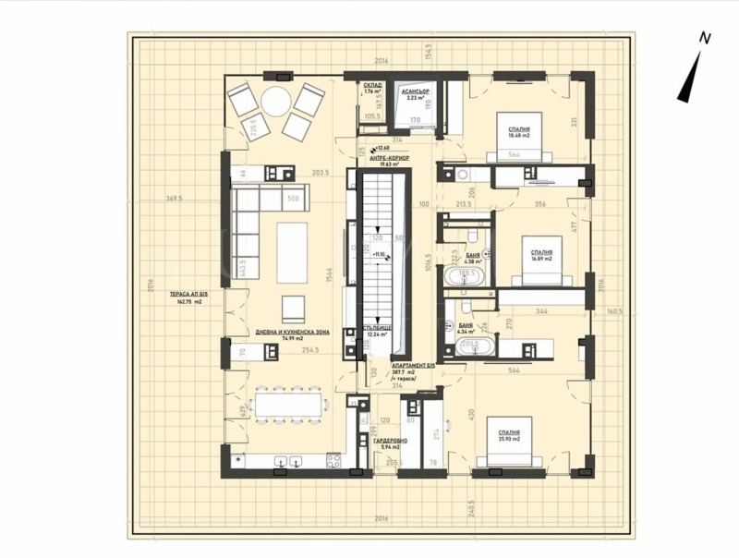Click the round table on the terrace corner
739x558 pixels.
pos(274,101)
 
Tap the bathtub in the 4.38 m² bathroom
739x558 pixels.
pos(466,275)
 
